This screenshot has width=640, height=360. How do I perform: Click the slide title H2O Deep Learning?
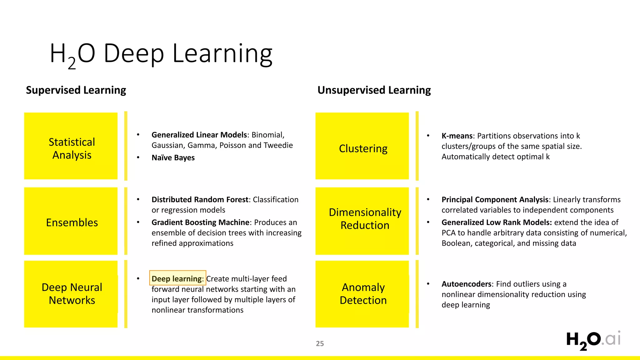tap(161, 54)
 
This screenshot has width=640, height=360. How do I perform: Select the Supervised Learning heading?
tap(76, 90)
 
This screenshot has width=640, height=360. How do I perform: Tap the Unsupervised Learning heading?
tap(374, 90)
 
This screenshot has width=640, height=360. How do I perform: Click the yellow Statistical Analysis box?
tap(71, 146)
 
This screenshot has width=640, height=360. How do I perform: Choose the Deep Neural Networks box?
tap(71, 294)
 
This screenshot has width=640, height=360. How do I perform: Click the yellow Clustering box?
tap(362, 146)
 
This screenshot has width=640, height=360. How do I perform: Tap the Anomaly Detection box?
tap(362, 294)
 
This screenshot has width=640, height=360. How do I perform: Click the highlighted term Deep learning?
tap(177, 278)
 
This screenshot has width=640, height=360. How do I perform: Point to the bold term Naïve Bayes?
tap(173, 158)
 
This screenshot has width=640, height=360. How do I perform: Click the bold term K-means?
tap(457, 136)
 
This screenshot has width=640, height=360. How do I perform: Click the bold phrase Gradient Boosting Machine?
tap(200, 222)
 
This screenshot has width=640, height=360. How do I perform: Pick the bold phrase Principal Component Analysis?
tap(495, 200)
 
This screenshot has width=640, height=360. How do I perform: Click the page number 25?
tap(320, 344)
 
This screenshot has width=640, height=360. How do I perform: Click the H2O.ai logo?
tap(593, 340)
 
